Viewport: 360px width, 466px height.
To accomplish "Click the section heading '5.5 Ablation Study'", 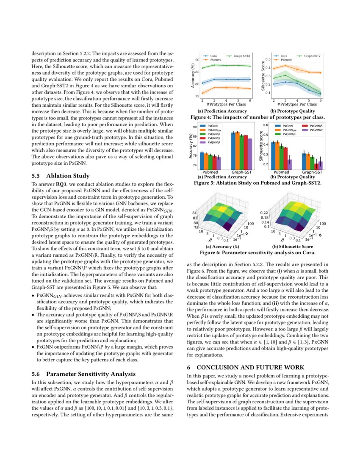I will click(61, 176).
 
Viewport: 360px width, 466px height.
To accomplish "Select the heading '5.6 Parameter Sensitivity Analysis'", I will click(83, 374).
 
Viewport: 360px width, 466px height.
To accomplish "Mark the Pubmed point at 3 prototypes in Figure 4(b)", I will click(285, 65).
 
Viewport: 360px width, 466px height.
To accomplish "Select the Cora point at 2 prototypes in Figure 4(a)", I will click(202, 83).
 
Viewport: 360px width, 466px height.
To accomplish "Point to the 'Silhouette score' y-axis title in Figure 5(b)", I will click(260, 146).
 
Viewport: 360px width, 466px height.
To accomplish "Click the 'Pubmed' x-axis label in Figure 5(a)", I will click(210, 172).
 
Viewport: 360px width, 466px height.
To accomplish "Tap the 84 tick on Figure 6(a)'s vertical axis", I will click(195, 213).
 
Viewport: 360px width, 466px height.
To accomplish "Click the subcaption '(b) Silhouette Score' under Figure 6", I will click(292, 247).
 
